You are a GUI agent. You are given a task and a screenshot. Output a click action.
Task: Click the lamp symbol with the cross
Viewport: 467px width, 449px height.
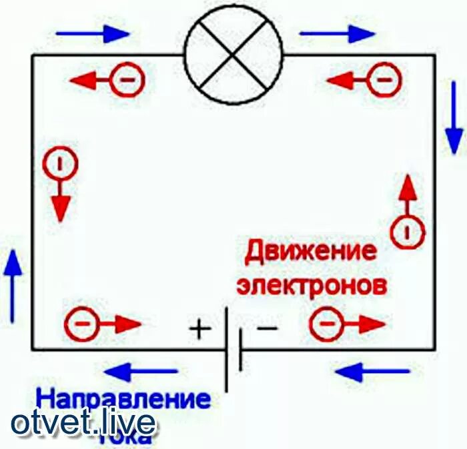(233, 56)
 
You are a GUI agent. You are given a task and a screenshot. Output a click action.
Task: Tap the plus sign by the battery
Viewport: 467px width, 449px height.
(198, 328)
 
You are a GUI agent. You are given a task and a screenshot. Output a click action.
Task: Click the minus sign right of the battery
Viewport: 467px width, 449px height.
(267, 328)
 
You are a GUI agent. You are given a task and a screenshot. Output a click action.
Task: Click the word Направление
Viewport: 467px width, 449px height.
(123, 399)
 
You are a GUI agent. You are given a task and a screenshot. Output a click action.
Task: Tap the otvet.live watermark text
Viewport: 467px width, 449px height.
(83, 422)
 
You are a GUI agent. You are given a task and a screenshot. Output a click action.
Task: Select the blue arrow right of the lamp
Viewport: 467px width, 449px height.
(337, 33)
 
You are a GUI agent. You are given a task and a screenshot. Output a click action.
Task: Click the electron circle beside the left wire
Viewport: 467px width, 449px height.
(59, 163)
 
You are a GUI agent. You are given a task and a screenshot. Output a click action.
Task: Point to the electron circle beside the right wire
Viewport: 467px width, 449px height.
(408, 232)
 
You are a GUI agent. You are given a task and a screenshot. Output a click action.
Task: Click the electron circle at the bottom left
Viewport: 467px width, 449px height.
(81, 324)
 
